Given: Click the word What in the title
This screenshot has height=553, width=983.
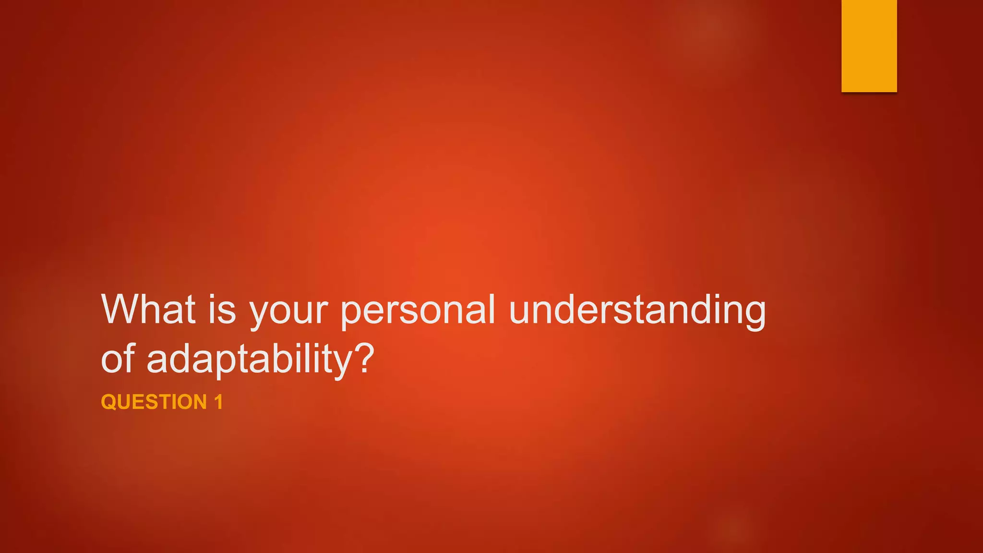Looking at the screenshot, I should (x=148, y=309).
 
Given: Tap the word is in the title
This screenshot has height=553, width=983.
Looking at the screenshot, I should (x=222, y=309).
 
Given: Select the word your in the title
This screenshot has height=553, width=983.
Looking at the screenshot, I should (x=288, y=312).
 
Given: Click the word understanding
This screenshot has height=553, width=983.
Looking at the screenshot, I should (x=637, y=311).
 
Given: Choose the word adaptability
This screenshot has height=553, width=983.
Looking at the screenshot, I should (x=250, y=360).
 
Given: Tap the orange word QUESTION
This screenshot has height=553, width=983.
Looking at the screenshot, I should (x=154, y=402).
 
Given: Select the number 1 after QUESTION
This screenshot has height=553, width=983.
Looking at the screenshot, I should (x=219, y=402).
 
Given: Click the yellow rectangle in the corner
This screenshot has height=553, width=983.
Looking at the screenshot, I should (x=869, y=46).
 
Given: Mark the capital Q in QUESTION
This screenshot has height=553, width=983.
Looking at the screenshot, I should (x=109, y=402).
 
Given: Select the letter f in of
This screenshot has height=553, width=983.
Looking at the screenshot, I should (x=130, y=357).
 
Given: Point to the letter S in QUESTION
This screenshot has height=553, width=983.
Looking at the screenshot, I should (x=155, y=402).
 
